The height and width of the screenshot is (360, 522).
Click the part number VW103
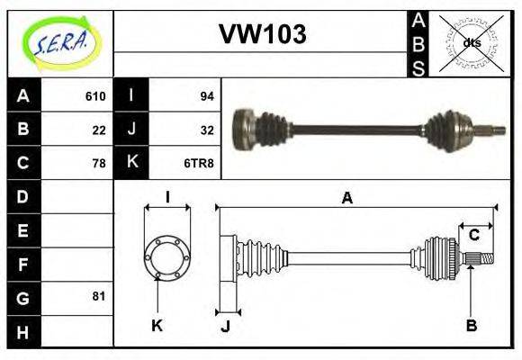262,34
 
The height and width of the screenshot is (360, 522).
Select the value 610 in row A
95,96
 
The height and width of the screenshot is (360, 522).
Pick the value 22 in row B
99,130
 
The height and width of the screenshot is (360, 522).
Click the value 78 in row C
99,164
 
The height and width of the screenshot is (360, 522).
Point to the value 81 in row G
99,295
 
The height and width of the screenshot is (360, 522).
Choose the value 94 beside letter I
206,96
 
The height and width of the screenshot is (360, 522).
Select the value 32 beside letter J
206,130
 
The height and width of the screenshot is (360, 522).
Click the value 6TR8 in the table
200,164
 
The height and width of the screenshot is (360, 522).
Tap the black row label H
23,331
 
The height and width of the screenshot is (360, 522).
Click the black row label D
23,196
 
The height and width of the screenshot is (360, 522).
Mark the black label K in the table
131,163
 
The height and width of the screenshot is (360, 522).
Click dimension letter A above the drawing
346,198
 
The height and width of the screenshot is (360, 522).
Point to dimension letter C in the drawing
473,236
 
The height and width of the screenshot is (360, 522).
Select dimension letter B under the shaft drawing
471,324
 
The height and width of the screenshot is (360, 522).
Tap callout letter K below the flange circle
157,324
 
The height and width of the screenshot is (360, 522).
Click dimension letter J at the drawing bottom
226,327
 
